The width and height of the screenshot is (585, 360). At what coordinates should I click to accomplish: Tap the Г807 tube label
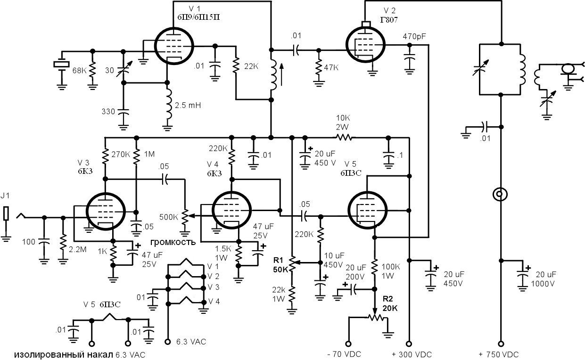pos(389,20)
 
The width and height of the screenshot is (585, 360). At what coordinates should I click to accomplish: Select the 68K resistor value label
pos(79,71)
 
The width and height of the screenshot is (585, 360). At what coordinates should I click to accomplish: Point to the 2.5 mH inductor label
pos(188,105)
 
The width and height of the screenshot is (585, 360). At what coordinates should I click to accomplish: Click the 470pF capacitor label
pos(414,37)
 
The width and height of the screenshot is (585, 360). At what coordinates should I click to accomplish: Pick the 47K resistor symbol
pos(319,68)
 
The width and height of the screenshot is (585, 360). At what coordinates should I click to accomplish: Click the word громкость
pos(173,243)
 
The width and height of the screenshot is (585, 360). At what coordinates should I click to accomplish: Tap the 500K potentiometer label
pos(169,217)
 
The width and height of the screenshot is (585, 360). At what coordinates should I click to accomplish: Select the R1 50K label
pos(280,265)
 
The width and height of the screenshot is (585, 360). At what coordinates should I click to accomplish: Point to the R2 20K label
pos(390,303)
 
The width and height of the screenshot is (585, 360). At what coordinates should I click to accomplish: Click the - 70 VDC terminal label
pos(344,354)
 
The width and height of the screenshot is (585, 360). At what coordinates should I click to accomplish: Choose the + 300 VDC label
pos(412,354)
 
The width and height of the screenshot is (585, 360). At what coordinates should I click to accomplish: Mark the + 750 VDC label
pos(499,354)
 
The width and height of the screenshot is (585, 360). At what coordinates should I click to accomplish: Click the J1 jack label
pos(5,195)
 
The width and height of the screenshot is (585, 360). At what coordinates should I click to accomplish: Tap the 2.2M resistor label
pos(78,250)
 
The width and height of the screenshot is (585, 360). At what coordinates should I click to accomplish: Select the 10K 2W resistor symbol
pos(344,137)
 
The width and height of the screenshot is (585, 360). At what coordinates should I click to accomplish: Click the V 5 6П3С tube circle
pos(368,191)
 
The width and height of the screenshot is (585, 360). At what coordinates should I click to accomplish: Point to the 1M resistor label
pos(149,154)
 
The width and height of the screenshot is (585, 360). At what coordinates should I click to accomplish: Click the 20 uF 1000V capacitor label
pos(543,279)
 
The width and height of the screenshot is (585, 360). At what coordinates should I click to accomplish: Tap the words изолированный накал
pos(64,355)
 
